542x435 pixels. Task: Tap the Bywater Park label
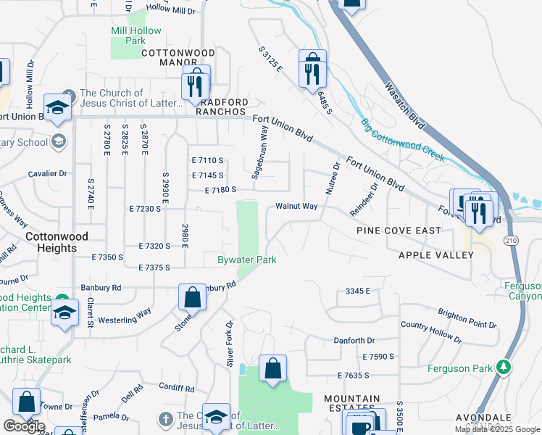(x=247, y=260)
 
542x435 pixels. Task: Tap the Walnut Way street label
(x=296, y=206)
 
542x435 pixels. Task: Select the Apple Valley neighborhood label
(x=435, y=255)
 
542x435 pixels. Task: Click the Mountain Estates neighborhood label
(x=352, y=405)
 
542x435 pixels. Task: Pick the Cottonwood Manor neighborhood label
(x=178, y=58)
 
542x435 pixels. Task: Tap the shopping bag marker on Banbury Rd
(x=192, y=297)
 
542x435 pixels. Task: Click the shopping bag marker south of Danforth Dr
(x=272, y=368)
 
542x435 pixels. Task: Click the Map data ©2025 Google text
(x=498, y=429)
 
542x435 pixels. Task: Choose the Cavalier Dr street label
(x=46, y=173)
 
